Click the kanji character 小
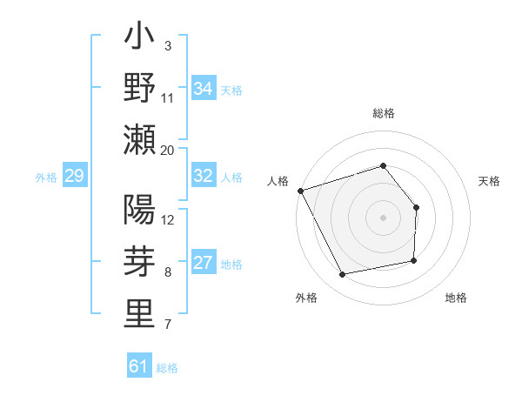tap(139, 38)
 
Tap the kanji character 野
tap(139, 89)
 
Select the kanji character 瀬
tap(139, 140)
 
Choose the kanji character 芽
tap(139, 263)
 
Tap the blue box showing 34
tap(204, 89)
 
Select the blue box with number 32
tap(204, 176)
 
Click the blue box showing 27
tap(204, 263)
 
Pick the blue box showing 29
tap(74, 177)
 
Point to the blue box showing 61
tap(139, 366)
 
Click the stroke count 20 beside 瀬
tap(167, 151)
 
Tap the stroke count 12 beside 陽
tap(168, 220)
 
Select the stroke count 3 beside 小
tap(167, 45)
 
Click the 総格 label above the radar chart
tap(383, 113)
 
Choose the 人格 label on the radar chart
tap(278, 181)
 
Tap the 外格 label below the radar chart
tap(306, 298)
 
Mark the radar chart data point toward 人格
tap(300, 190)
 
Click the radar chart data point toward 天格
tap(416, 207)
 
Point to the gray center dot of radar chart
tap(383, 218)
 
